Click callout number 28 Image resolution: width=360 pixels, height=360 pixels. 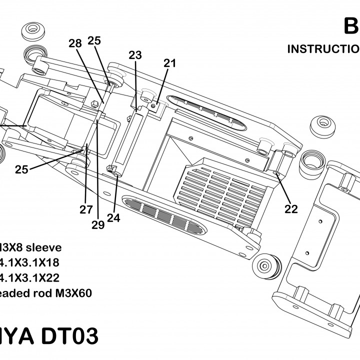pyautogui.click(x=75, y=44)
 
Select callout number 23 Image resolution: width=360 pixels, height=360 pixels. pyautogui.click(x=135, y=55)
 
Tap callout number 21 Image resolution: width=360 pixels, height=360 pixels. pyautogui.click(x=170, y=63)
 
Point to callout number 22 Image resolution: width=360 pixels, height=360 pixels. pyautogui.click(x=291, y=209)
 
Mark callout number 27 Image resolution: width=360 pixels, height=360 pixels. pyautogui.click(x=86, y=209)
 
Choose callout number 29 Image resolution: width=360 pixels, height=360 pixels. pyautogui.click(x=98, y=225)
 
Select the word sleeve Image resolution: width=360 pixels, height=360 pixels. pyautogui.click(x=43, y=247)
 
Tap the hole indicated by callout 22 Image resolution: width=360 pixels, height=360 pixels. pyautogui.click(x=277, y=173)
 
